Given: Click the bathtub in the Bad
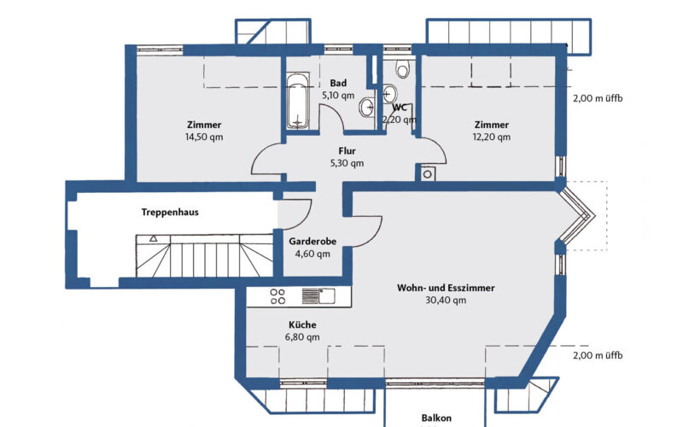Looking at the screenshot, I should (x=297, y=102).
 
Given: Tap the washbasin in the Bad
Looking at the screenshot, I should (x=366, y=107).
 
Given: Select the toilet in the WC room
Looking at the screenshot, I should (x=403, y=69).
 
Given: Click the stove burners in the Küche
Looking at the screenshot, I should (x=277, y=296).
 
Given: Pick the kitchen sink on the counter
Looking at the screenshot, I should (x=324, y=296).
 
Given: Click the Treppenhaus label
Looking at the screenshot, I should (x=170, y=213).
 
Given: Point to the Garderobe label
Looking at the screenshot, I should (x=312, y=242).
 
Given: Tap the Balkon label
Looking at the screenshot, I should (x=435, y=418).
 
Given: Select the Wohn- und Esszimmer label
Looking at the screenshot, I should (x=446, y=288).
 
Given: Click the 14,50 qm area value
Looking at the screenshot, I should (x=202, y=137).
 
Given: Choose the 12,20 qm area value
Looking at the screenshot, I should (x=493, y=137).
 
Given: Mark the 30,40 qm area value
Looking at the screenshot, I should (x=446, y=301).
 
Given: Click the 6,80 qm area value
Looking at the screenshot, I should (x=302, y=337).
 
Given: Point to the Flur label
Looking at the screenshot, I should (x=347, y=149).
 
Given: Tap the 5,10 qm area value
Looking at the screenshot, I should (x=337, y=96).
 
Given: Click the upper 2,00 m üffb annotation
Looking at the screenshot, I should (x=598, y=98).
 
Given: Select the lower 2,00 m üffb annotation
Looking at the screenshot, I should (x=598, y=354).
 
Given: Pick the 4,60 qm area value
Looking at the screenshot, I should (x=312, y=254).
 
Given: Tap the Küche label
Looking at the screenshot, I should (x=302, y=325).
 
